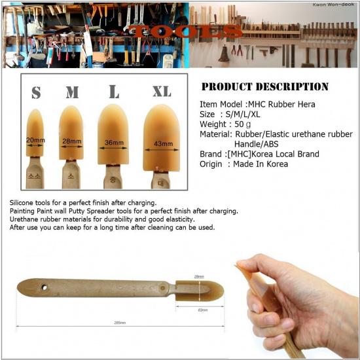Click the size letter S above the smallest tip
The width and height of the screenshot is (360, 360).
pyautogui.click(x=36, y=93)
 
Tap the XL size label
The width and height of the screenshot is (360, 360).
pyautogui.click(x=161, y=91)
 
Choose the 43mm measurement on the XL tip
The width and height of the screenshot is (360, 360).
pyautogui.click(x=163, y=143)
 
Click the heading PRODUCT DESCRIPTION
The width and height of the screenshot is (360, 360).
pyautogui.click(x=264, y=86)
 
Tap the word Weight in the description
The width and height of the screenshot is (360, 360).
pyautogui.click(x=214, y=124)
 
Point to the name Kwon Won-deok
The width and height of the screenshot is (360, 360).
pyautogui.click(x=333, y=6)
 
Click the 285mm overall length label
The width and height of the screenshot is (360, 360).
pyautogui.click(x=118, y=322)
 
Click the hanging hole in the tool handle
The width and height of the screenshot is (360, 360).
pyautogui.click(x=45, y=287)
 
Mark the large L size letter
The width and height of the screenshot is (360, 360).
pyautogui.click(x=114, y=91)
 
